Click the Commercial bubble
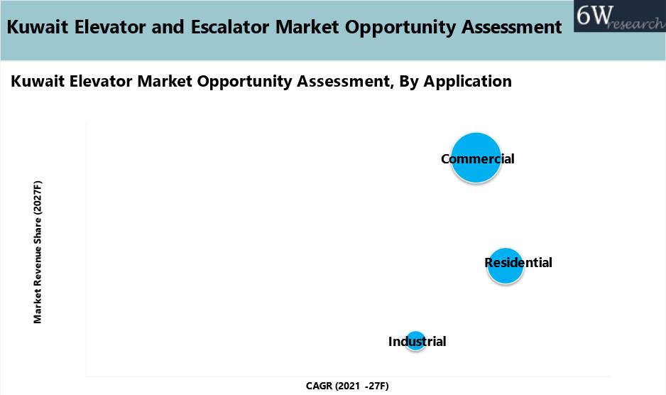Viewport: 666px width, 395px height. (x=476, y=158)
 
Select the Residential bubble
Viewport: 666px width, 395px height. (x=505, y=266)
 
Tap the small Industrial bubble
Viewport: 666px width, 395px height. (x=416, y=341)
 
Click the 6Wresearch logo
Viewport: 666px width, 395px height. (x=618, y=17)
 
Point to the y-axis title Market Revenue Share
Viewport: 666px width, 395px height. (x=38, y=252)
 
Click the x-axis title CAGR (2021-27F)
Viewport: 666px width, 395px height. (x=347, y=386)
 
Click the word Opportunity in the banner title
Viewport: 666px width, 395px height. (x=400, y=28)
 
